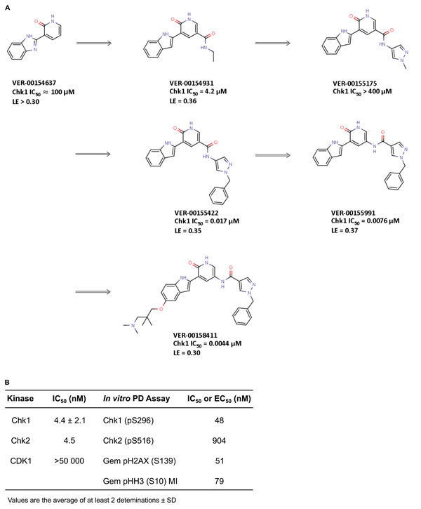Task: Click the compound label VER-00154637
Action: [34, 83]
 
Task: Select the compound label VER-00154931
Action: [192, 83]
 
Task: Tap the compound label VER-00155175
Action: [354, 83]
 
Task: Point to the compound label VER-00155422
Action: [196, 213]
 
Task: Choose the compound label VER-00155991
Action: [353, 213]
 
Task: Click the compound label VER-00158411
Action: [195, 336]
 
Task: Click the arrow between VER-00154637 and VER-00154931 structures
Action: [94, 43]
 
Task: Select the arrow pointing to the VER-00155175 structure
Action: [272, 43]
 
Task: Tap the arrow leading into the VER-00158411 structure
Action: [93, 292]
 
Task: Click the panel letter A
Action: [8, 8]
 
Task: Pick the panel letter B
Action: [8, 382]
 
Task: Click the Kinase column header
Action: [20, 398]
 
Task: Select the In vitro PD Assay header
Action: [136, 398]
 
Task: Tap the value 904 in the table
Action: [219, 440]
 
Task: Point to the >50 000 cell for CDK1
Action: [69, 461]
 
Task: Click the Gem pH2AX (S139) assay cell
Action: [139, 461]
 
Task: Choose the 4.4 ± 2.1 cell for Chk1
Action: [69, 421]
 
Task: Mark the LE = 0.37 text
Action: [345, 230]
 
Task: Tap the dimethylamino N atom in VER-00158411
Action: [133, 325]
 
